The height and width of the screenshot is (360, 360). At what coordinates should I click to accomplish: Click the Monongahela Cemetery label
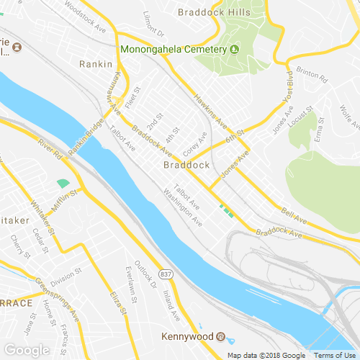point(174,50)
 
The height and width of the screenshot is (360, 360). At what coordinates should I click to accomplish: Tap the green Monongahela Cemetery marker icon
point(234,50)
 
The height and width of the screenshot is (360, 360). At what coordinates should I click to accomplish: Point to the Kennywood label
point(188,337)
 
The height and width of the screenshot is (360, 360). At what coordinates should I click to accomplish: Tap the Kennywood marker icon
point(222,337)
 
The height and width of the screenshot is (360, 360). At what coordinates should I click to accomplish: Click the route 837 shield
point(166,275)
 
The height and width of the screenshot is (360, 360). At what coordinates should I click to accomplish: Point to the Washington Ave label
point(183,206)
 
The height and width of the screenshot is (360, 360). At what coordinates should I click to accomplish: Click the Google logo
point(27,349)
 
